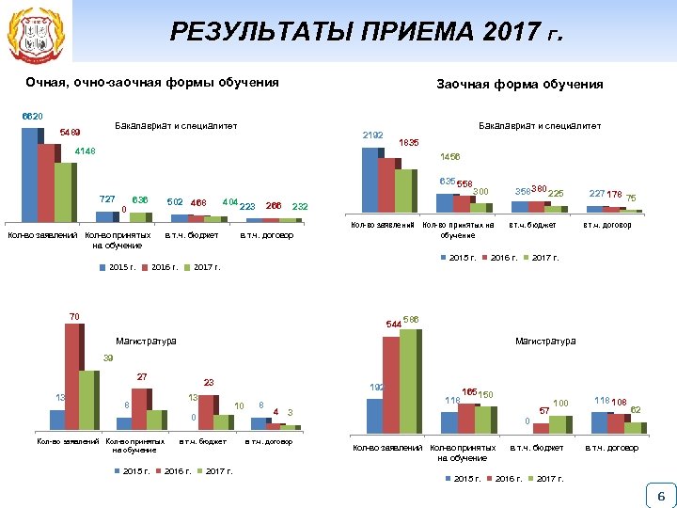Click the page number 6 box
click(x=660, y=496)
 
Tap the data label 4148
click(x=83, y=151)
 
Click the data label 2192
click(x=372, y=135)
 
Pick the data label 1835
click(x=408, y=143)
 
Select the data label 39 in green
click(x=108, y=358)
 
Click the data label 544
click(x=393, y=325)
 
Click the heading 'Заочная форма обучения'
click(x=519, y=85)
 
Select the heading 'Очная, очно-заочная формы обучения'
click(x=152, y=83)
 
